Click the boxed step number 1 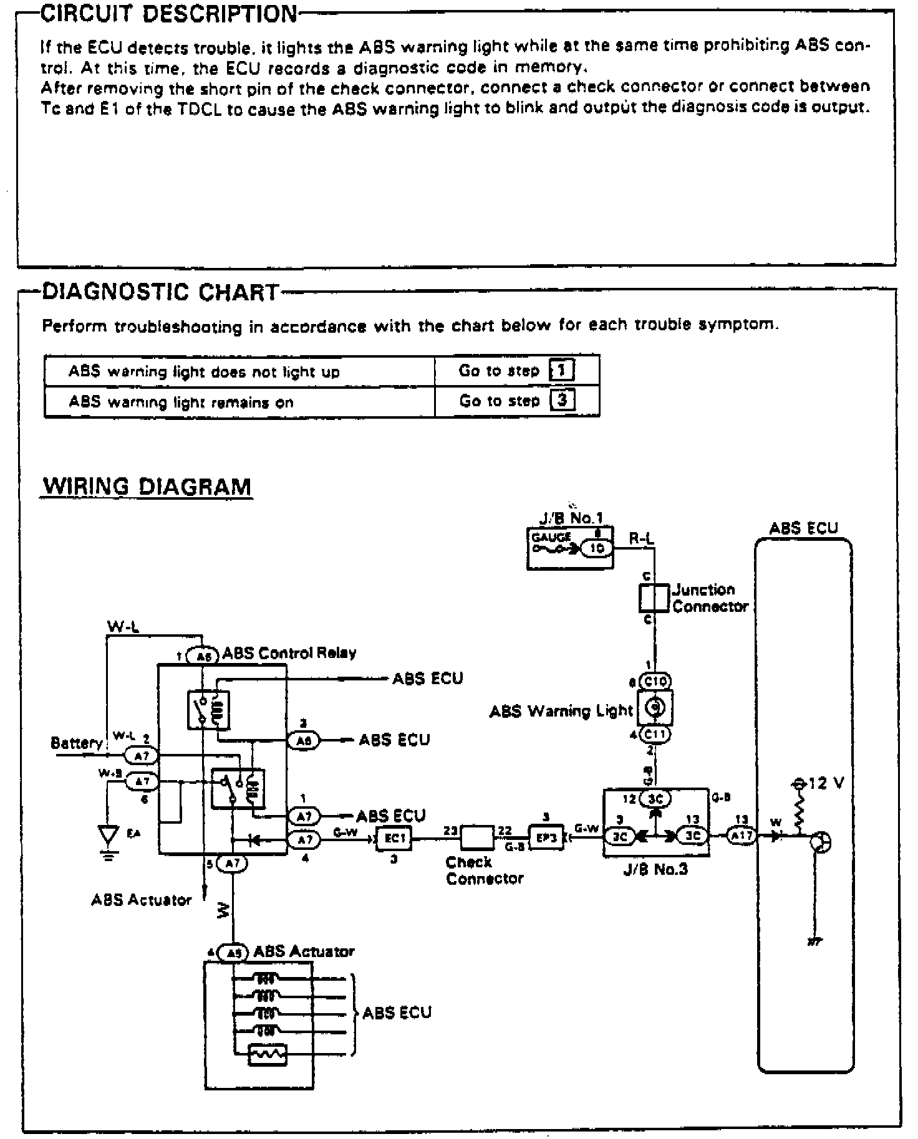click(x=561, y=371)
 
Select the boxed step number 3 click(x=562, y=400)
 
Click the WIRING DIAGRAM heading click(x=147, y=486)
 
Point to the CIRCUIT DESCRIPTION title click(x=168, y=14)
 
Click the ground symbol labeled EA click(x=109, y=836)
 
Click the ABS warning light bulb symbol click(x=655, y=707)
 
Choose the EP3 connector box click(x=546, y=838)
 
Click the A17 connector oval click(x=742, y=836)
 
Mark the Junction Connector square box click(x=654, y=598)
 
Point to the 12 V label click(x=826, y=783)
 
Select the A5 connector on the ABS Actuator click(x=233, y=952)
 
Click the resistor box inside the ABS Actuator click(x=268, y=1054)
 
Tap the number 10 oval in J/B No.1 click(x=596, y=548)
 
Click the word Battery click(x=76, y=743)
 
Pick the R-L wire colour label click(x=641, y=539)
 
